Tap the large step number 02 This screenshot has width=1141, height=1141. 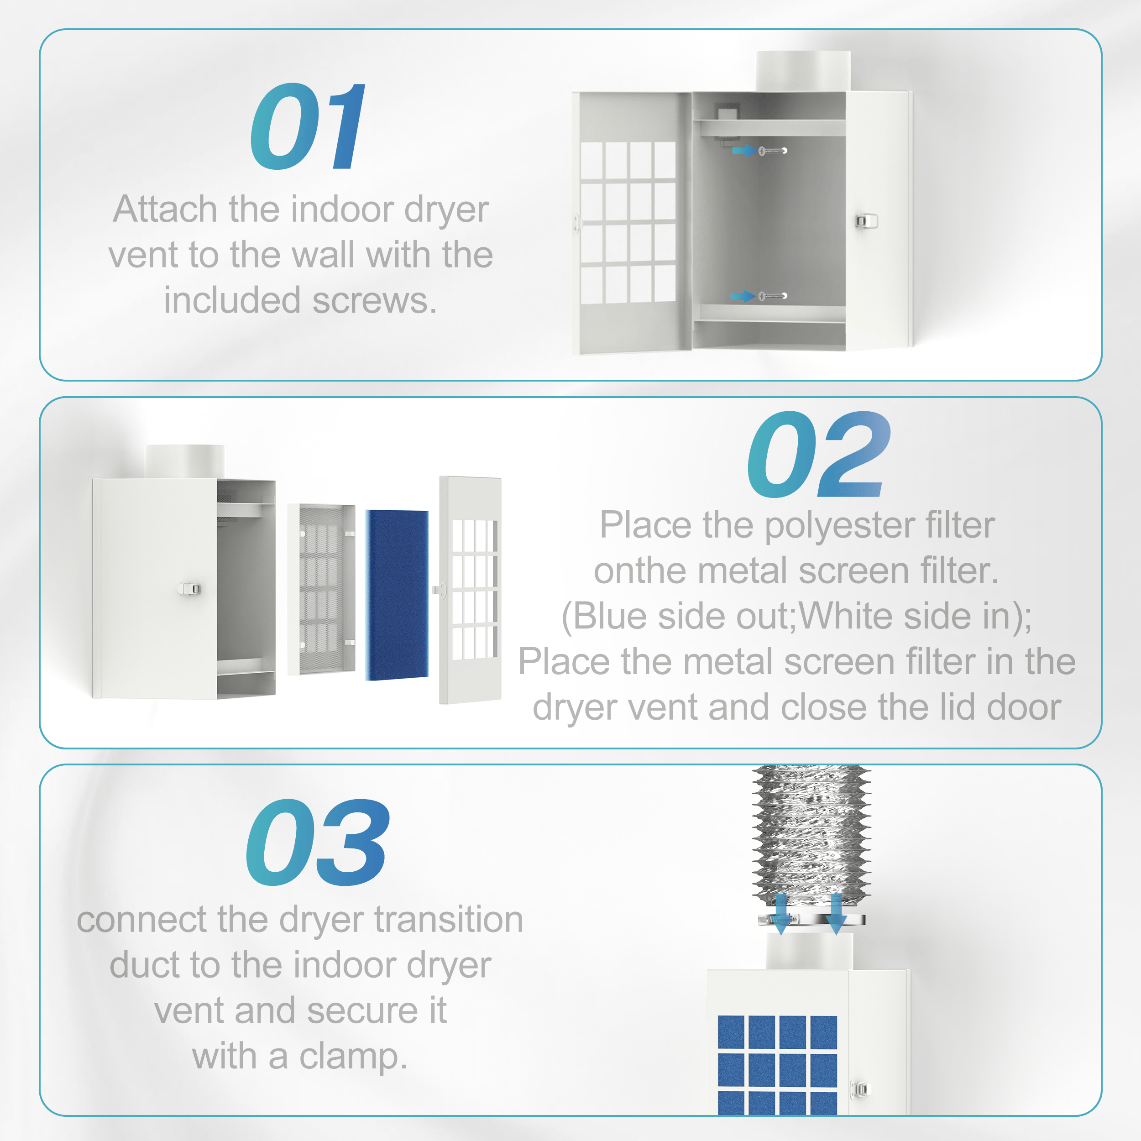click(x=818, y=455)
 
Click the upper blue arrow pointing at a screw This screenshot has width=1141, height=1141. click(x=743, y=151)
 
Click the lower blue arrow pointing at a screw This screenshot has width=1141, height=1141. click(x=743, y=296)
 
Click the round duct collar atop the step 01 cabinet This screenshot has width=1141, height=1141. click(x=803, y=71)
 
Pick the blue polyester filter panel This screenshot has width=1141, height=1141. click(x=397, y=595)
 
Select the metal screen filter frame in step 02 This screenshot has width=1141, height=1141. click(x=322, y=589)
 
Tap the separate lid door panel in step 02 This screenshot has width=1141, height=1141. click(x=470, y=590)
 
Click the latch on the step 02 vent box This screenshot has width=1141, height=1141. click(x=189, y=589)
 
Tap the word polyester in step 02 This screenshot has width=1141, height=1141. click(x=840, y=526)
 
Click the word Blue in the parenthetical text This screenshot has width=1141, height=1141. click(x=609, y=616)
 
